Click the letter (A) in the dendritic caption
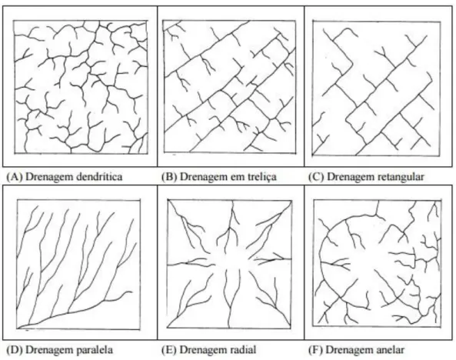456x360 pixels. (x=15, y=177)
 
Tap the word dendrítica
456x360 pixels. (x=99, y=176)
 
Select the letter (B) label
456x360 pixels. (x=169, y=177)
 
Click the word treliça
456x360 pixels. (x=259, y=177)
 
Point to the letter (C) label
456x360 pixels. (x=316, y=177)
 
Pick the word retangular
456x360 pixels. (x=400, y=177)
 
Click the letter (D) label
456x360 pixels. (x=15, y=349)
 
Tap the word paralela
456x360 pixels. (x=95, y=349)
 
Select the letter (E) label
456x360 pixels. (x=169, y=349)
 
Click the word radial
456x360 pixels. (x=243, y=349)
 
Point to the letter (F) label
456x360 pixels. (x=316, y=349)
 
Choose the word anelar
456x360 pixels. (x=390, y=349)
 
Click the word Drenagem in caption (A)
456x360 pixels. (x=49, y=177)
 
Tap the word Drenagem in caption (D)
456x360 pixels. (x=49, y=350)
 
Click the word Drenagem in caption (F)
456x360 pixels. (x=348, y=350)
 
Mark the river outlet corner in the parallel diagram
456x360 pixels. (x=18, y=328)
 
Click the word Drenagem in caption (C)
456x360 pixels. (x=350, y=177)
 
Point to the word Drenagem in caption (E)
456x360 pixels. (x=204, y=350)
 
